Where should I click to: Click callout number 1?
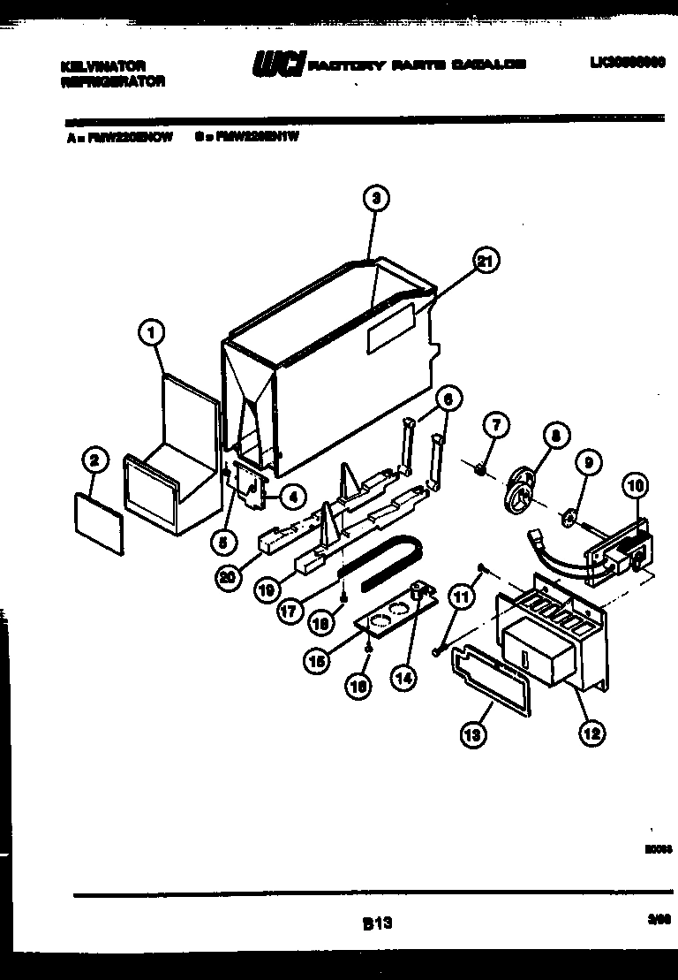[x=152, y=332]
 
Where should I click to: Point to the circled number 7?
[x=495, y=426]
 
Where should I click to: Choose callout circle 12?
[x=592, y=731]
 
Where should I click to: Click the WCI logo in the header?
[x=279, y=65]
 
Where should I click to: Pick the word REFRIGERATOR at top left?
[x=112, y=80]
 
